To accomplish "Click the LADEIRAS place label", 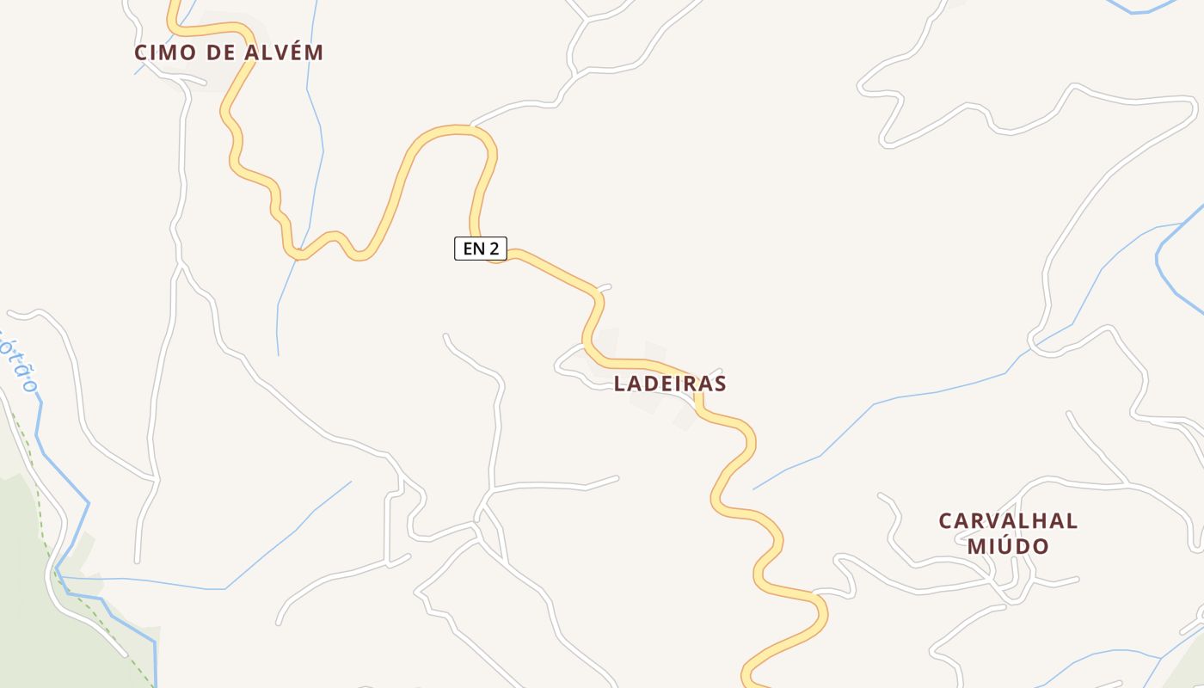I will (670, 384).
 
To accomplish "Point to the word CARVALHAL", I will (1008, 521).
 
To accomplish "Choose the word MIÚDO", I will (1008, 546).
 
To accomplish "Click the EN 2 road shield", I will (481, 249).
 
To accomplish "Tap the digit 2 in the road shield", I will (494, 249).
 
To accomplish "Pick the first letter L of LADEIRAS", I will (619, 384).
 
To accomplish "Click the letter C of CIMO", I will (140, 52).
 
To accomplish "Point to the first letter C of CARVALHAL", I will (945, 521).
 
